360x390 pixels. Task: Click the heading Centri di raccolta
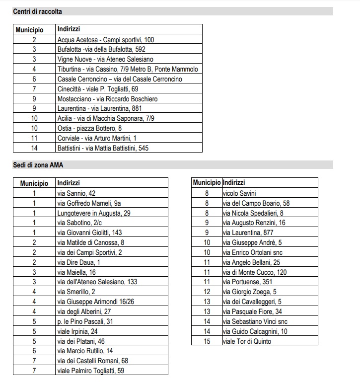point(37,11)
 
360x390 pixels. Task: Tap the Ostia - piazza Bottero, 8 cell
point(89,128)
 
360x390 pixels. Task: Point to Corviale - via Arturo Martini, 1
point(97,138)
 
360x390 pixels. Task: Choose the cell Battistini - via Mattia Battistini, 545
point(103,148)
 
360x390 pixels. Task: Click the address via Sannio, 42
point(76,193)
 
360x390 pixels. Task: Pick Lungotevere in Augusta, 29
point(94,213)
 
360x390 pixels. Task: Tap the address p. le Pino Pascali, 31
point(85,321)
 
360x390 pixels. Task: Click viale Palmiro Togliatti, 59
point(90,371)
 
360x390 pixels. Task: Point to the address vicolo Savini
point(239,193)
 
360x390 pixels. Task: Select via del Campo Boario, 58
point(256,203)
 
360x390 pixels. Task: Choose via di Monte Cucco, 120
point(255,272)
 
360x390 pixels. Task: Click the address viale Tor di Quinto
point(247,341)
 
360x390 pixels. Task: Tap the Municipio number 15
point(207,341)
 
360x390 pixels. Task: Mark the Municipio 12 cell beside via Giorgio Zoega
point(207,292)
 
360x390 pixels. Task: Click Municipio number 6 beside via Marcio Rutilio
point(34,351)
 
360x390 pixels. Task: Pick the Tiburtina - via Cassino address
point(128,69)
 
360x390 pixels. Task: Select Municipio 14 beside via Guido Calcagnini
point(207,331)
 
